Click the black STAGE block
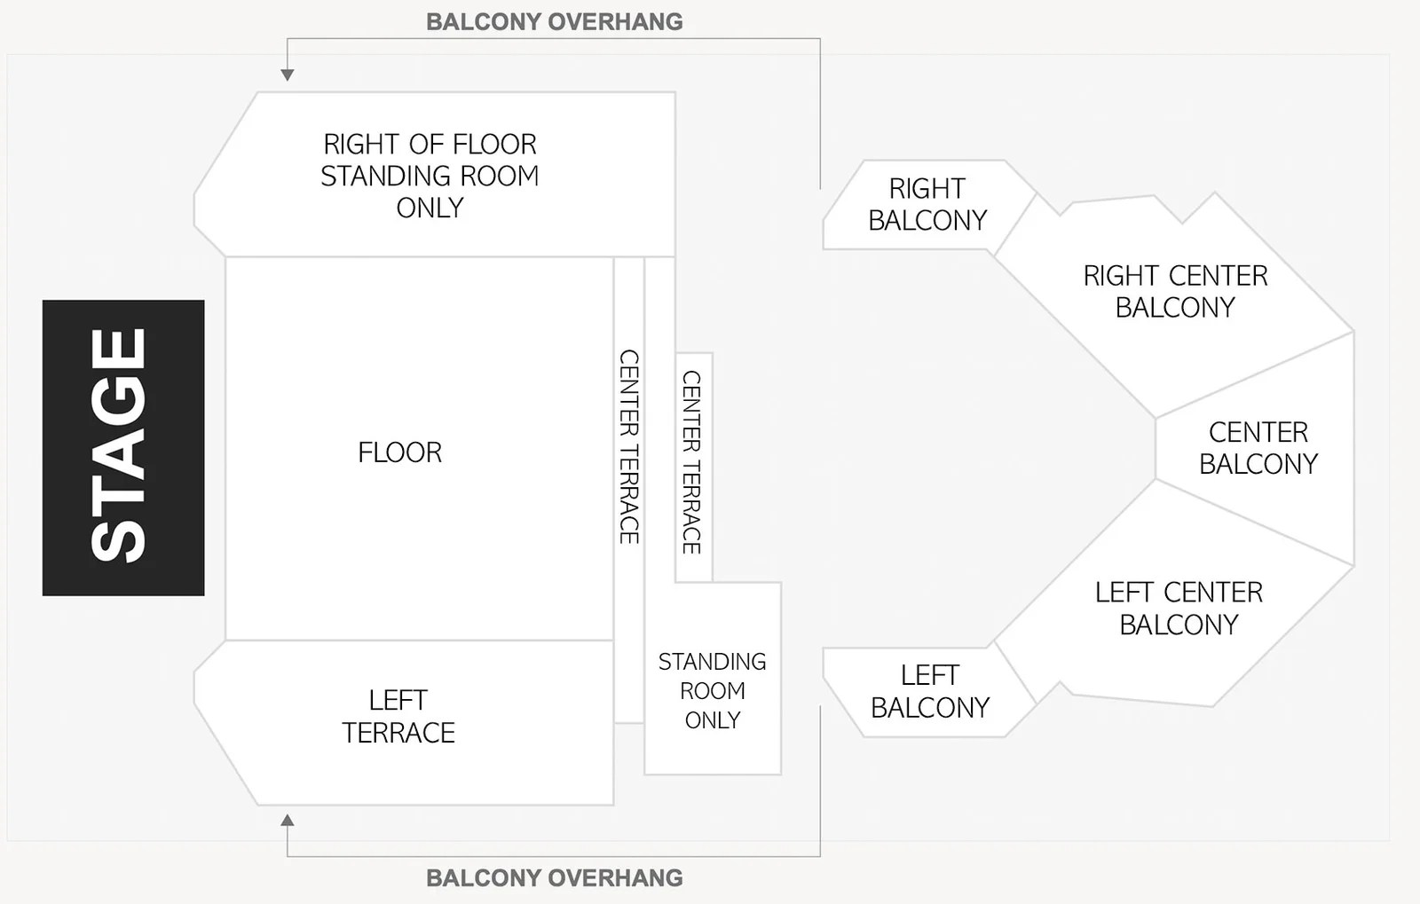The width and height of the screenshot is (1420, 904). click(x=123, y=447)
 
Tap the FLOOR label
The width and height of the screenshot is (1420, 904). click(x=399, y=452)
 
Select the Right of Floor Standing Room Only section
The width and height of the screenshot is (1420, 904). click(x=430, y=176)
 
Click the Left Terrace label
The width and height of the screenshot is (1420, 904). click(x=398, y=716)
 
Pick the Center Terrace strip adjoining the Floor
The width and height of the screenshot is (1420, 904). click(x=628, y=446)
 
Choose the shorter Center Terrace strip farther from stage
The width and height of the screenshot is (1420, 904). click(x=692, y=462)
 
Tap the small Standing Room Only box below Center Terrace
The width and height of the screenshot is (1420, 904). click(x=713, y=690)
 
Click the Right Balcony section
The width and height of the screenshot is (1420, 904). click(x=927, y=204)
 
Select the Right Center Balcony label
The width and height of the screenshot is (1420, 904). click(x=1175, y=291)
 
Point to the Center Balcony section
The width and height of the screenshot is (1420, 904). click(x=1258, y=448)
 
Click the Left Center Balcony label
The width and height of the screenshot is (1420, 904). click(x=1179, y=608)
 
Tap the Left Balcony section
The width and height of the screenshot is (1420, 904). click(x=929, y=691)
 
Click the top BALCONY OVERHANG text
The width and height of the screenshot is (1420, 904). click(x=555, y=21)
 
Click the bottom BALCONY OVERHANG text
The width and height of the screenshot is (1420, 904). click(x=555, y=877)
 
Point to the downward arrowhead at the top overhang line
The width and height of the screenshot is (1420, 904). click(x=287, y=75)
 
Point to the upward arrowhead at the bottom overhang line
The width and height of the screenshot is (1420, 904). click(x=287, y=820)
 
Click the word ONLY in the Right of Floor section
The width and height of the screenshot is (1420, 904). click(x=430, y=208)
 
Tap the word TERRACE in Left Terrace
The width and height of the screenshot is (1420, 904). click(x=398, y=733)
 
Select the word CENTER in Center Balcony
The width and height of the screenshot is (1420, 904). click(x=1258, y=432)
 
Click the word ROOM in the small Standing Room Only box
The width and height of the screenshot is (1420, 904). click(x=713, y=690)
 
